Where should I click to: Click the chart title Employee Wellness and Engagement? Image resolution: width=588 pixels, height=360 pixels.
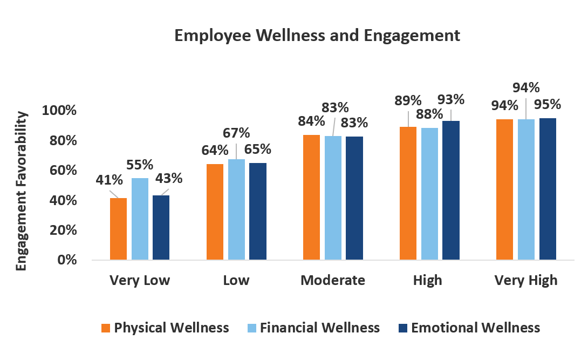pyautogui.click(x=317, y=36)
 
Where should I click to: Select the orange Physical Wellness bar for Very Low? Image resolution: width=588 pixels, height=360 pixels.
pyautogui.click(x=118, y=229)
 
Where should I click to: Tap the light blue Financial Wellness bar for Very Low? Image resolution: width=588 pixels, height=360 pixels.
pyautogui.click(x=140, y=219)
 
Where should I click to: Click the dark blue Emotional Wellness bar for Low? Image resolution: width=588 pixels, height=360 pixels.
pyautogui.click(x=257, y=211)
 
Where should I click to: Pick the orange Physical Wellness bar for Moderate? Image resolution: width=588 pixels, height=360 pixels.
pyautogui.click(x=311, y=197)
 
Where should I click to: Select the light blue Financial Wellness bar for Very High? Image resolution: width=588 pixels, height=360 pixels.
pyautogui.click(x=526, y=189)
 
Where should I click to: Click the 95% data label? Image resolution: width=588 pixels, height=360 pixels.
pyautogui.click(x=548, y=104)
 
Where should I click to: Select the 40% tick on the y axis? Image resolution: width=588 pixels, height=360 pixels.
pyautogui.click(x=63, y=200)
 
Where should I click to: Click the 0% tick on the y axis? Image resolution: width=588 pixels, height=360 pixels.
pyautogui.click(x=66, y=260)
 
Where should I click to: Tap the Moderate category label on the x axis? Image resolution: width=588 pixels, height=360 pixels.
pyautogui.click(x=332, y=281)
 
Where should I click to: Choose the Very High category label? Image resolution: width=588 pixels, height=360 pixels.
pyautogui.click(x=525, y=281)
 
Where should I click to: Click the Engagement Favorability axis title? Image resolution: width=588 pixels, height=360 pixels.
pyautogui.click(x=21, y=191)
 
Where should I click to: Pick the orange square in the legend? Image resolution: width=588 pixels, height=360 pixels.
pyautogui.click(x=106, y=328)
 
